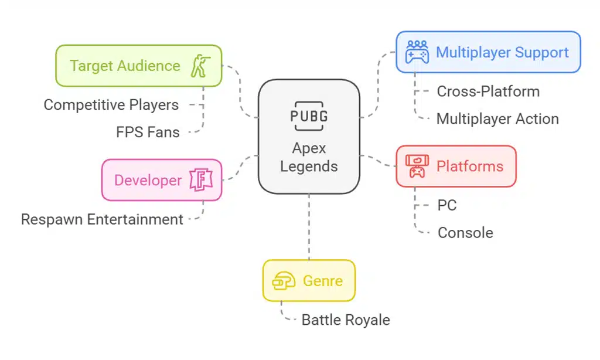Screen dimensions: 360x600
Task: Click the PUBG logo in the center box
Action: tap(309, 114)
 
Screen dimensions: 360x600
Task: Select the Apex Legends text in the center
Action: tap(309, 157)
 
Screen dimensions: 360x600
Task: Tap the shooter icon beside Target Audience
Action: tap(199, 66)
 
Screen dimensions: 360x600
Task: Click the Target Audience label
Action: tap(125, 66)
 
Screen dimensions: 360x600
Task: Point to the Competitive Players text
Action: tap(111, 105)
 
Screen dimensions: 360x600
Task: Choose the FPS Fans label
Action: tap(148, 132)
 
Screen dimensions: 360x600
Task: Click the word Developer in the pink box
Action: tap(148, 180)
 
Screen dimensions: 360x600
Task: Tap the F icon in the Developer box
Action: tap(199, 180)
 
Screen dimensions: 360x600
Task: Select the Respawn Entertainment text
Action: tap(102, 219)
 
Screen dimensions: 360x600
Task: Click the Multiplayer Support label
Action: tap(502, 52)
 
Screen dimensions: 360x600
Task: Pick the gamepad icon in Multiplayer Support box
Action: tap(417, 52)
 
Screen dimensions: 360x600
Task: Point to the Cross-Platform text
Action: tap(488, 91)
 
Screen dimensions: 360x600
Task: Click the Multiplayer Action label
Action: tap(497, 119)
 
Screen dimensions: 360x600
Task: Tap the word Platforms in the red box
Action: tap(470, 166)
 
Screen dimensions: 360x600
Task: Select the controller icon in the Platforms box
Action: tap(417, 166)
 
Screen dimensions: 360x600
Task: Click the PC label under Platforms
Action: tap(447, 206)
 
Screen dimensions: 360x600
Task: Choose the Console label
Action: tap(465, 233)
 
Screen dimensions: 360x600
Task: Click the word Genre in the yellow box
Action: tap(323, 281)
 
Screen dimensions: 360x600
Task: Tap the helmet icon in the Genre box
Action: tap(284, 281)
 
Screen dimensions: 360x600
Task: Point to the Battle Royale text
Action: tap(346, 320)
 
